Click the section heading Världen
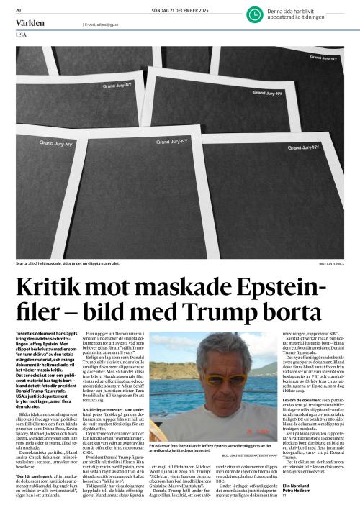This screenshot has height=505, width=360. pyautogui.click(x=30, y=23)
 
